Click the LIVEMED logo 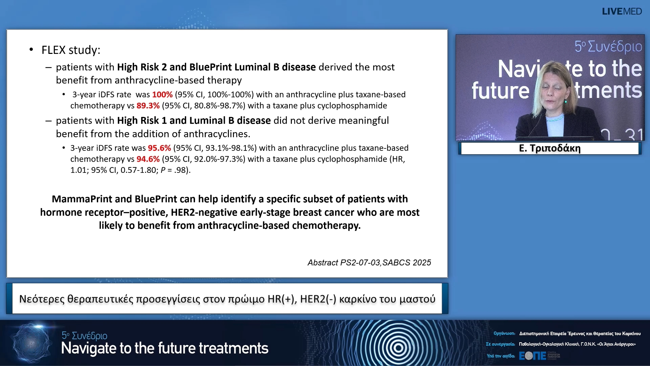622,12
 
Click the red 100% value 162,95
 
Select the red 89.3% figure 148,106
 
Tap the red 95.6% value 159,148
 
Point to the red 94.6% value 148,159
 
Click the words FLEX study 71,50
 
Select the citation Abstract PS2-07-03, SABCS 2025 369,263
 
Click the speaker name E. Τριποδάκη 550,148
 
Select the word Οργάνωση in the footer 504,333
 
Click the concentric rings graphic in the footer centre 398,347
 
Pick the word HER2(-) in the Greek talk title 318,299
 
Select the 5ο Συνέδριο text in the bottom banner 84,335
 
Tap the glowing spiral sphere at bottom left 31,343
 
